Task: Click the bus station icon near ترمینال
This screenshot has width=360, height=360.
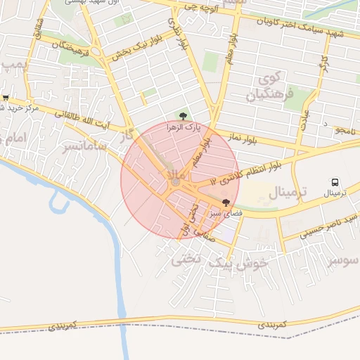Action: (x=335, y=181)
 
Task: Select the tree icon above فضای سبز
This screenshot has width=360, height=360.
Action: (x=225, y=202)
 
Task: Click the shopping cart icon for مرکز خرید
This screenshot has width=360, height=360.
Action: (x=6, y=98)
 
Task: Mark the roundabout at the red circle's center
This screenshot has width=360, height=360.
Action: (x=175, y=183)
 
